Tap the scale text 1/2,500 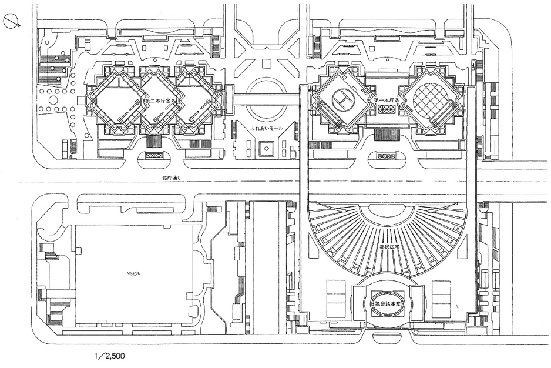point(109,356)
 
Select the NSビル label point(135,273)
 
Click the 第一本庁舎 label point(387,101)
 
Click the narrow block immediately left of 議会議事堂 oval point(360,302)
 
